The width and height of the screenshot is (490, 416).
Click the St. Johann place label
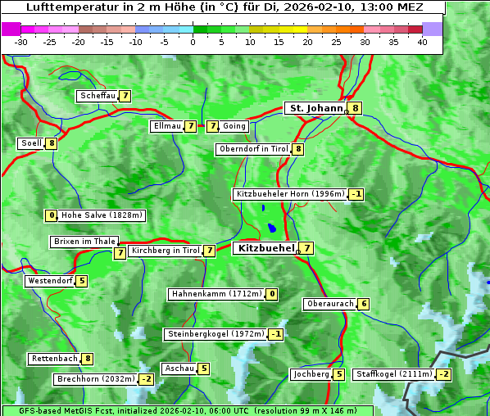[x=315, y=108]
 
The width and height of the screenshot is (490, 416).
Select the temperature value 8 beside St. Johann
[x=356, y=108]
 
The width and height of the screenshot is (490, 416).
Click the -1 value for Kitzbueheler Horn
[x=356, y=194]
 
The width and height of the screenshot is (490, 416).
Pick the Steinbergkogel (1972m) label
[x=216, y=334]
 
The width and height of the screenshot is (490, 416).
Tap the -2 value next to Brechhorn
[x=146, y=379]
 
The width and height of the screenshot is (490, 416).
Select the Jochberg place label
[x=311, y=374]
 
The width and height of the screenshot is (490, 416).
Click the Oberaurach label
[x=329, y=304]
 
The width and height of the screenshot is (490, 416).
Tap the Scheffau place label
[x=98, y=96]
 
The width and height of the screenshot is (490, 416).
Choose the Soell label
[x=31, y=143]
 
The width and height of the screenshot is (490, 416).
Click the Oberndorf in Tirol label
[x=253, y=149]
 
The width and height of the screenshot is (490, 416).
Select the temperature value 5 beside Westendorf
[x=82, y=281]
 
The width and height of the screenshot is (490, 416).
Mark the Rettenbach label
[x=55, y=359]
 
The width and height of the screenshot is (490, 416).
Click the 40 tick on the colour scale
[x=422, y=41]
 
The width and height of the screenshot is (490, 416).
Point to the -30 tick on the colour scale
[x=21, y=41]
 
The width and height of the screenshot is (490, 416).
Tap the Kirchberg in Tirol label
[x=165, y=251]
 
